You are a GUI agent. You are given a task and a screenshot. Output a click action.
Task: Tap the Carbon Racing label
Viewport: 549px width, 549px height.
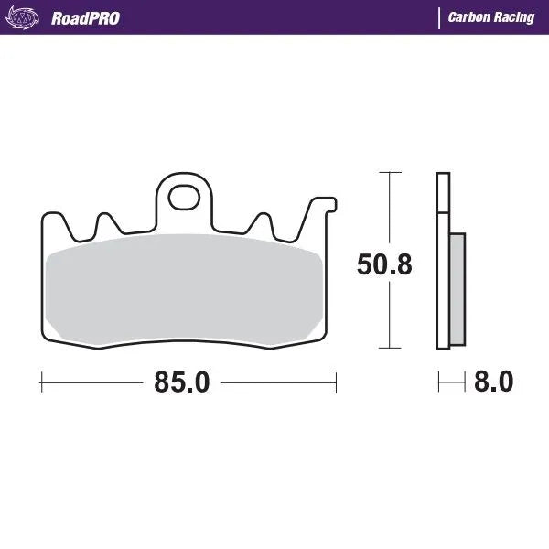tap(491, 17)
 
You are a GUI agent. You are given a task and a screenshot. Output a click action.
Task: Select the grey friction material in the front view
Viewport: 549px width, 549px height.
tap(183, 288)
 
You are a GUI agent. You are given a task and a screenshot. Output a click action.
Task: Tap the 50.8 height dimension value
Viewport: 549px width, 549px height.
tap(384, 265)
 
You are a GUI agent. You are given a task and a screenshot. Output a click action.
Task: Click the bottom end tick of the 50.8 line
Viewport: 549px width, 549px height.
tap(391, 348)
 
